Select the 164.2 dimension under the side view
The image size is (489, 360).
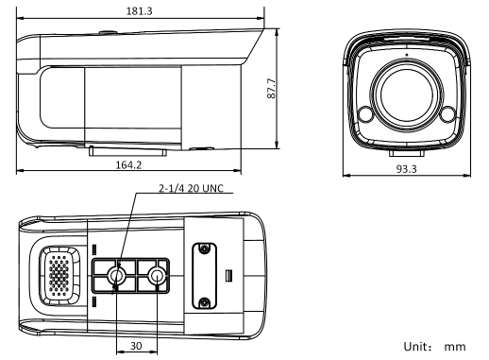tap(127, 165)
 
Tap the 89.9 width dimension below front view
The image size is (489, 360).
tap(406, 167)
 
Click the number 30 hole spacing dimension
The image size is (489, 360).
tap(135, 347)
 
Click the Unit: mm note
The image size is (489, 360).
tap(435, 347)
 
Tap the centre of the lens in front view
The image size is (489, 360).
tap(406, 91)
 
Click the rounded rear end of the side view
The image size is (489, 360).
tap(26, 90)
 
